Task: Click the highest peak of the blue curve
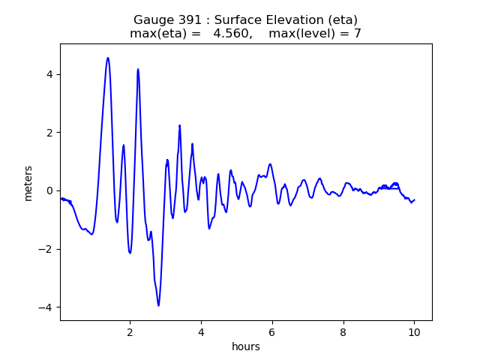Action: [x=108, y=58]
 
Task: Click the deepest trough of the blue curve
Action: [x=158, y=305]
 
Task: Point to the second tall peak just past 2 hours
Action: [x=138, y=69]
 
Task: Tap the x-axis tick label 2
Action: [x=130, y=331]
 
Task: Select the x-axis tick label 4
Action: [x=201, y=331]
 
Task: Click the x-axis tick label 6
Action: [x=272, y=331]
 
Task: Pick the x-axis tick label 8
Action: [x=343, y=331]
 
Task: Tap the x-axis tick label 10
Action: [x=414, y=331]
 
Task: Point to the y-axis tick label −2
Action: [x=47, y=249]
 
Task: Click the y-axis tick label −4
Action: [x=47, y=307]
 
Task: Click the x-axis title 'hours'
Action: [x=246, y=346]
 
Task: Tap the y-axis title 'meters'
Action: [x=28, y=183]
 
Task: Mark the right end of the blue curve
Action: [x=415, y=199]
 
